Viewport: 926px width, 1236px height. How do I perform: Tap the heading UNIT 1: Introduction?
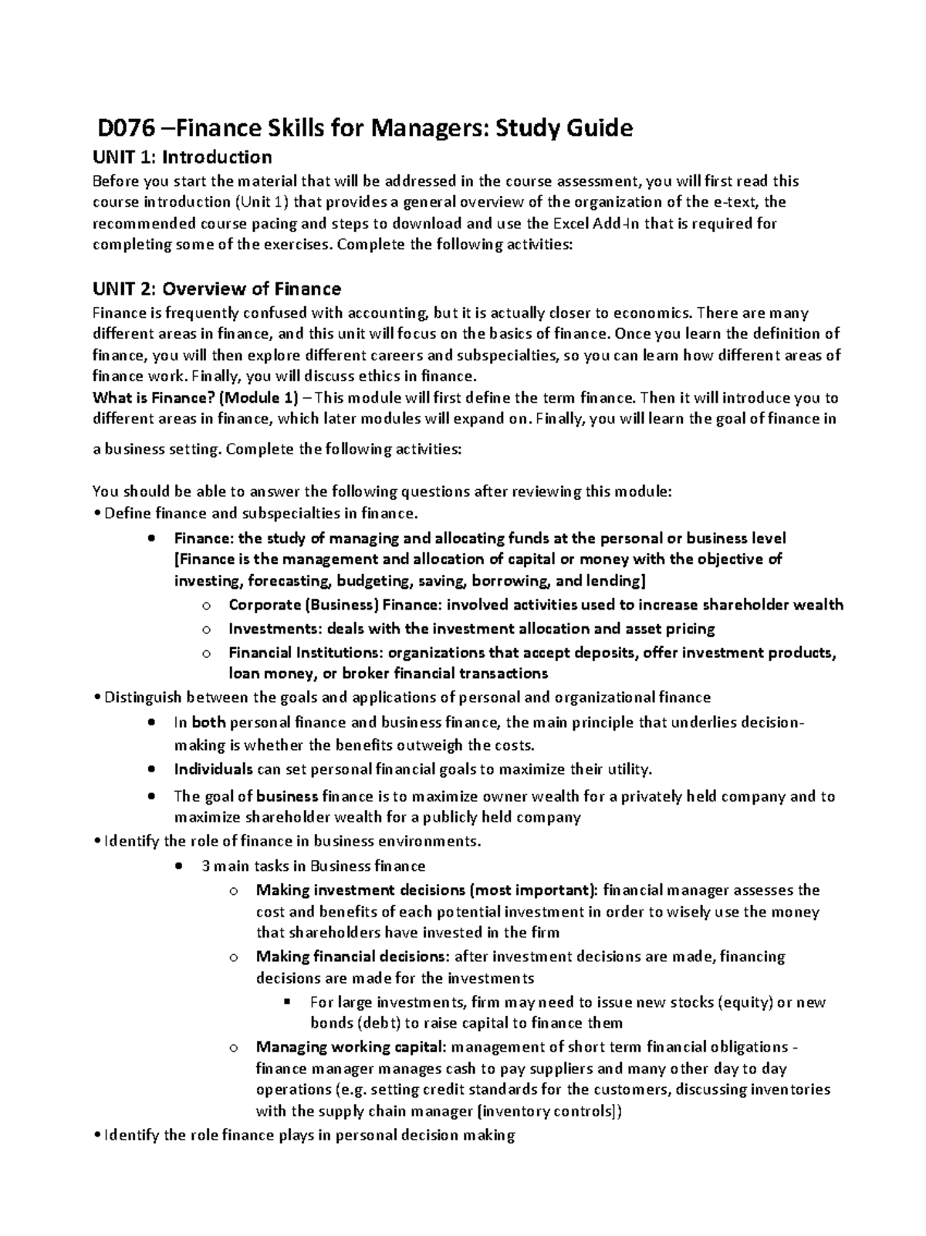pos(182,157)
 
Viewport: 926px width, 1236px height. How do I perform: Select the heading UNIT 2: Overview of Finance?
pos(216,289)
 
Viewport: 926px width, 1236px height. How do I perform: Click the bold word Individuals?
pos(214,769)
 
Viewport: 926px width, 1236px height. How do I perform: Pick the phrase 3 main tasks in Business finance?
pos(313,866)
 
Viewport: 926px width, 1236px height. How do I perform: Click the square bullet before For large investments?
pos(287,1002)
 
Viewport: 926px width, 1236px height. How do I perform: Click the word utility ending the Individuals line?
pos(629,769)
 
